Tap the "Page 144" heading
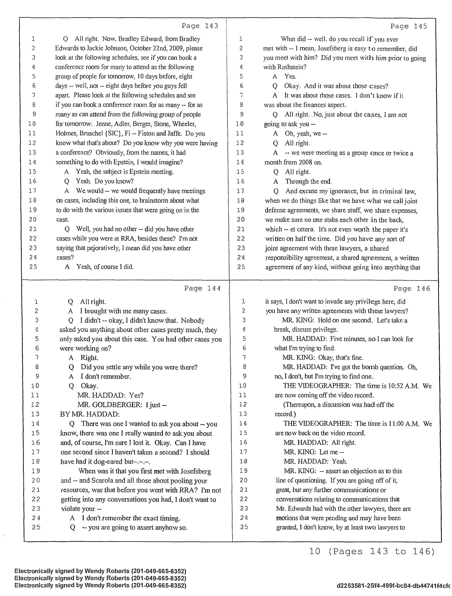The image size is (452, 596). click(x=202, y=288)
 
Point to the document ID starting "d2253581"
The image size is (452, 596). click(x=393, y=586)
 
